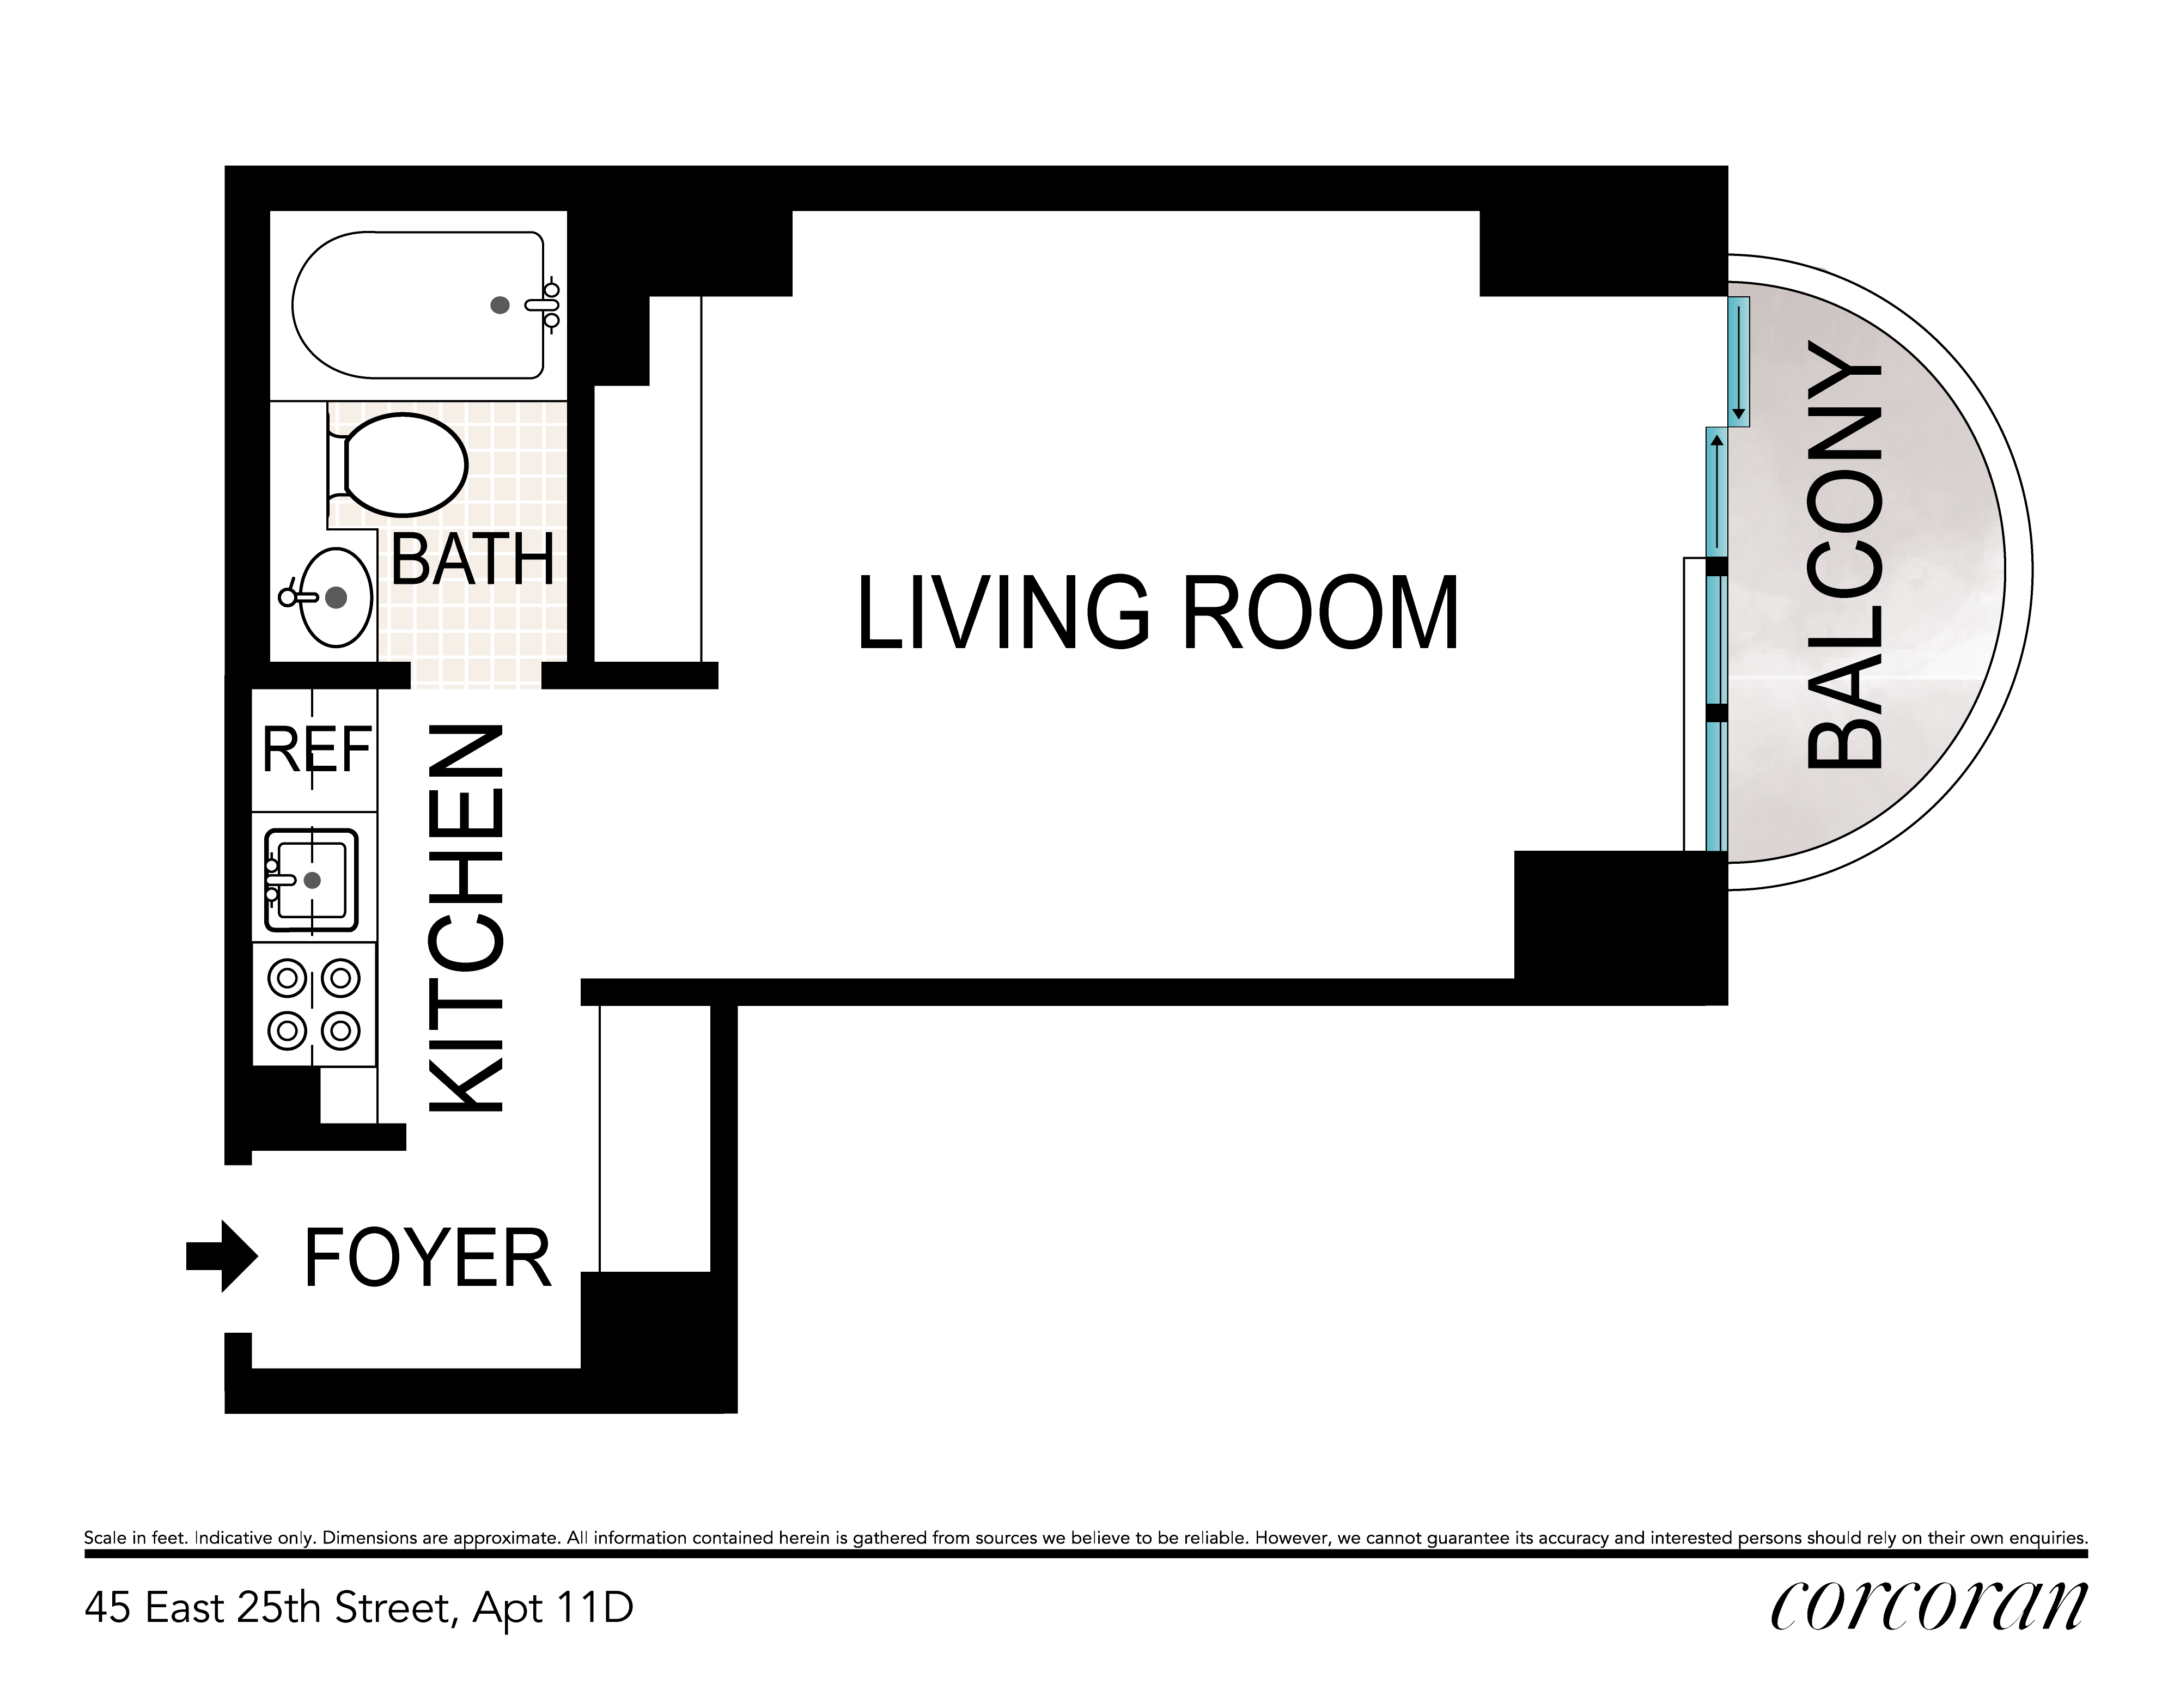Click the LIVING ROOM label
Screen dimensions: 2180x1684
coord(1158,612)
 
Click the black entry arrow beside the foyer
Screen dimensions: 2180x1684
coord(222,1256)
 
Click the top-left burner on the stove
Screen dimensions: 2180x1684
coord(288,978)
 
